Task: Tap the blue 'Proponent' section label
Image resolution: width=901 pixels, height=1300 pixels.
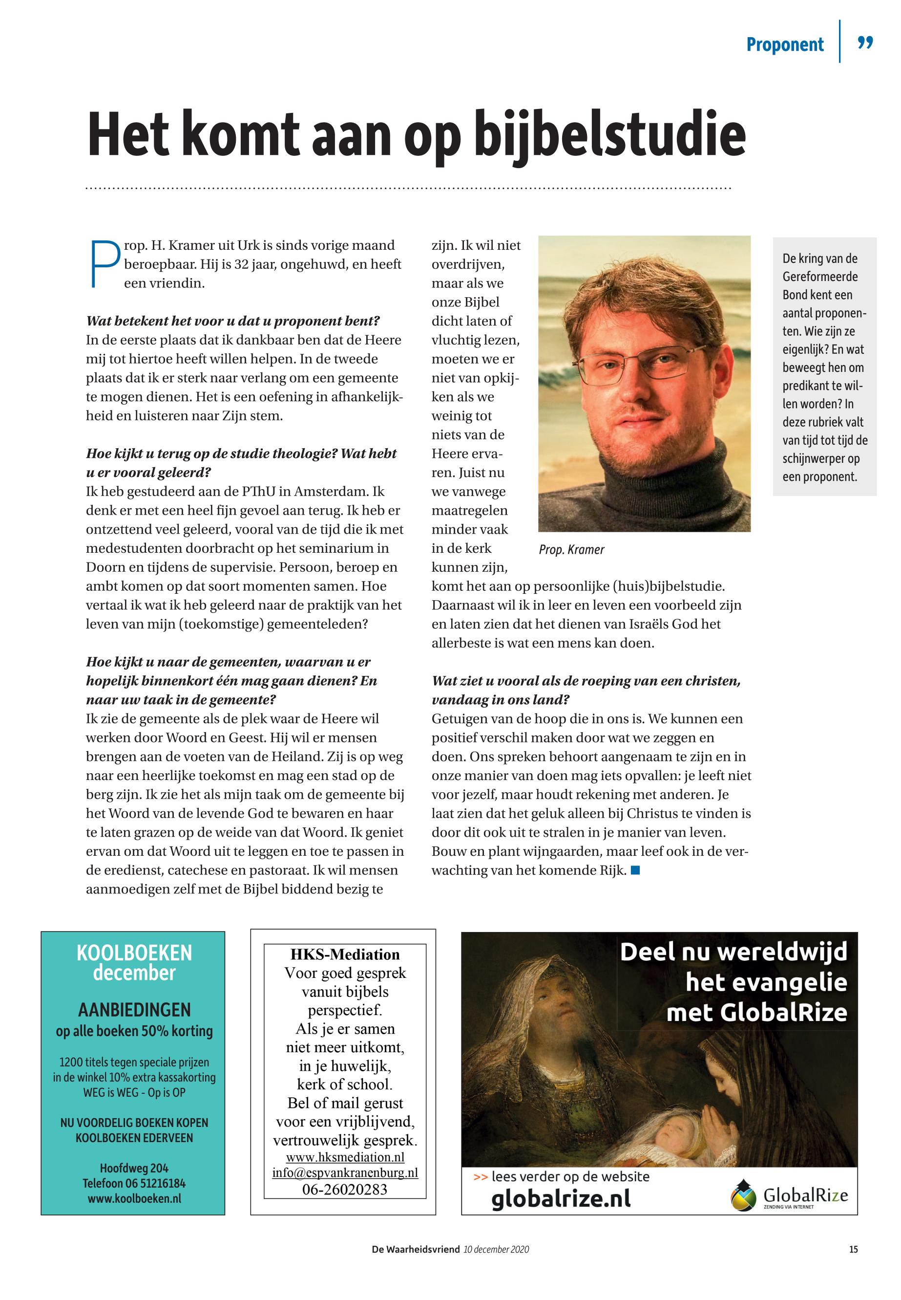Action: (785, 44)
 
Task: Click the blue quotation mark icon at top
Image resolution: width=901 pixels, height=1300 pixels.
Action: (865, 43)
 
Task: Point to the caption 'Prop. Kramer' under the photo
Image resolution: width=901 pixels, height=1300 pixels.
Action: (571, 550)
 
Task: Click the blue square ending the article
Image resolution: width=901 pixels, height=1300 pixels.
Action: (635, 870)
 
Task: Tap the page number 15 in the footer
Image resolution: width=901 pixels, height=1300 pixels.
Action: (853, 1249)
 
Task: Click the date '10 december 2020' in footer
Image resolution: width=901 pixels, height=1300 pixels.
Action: (496, 1249)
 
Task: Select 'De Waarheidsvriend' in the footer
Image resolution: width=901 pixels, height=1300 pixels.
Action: (416, 1249)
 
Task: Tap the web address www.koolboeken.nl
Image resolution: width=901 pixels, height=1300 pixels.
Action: (134, 1198)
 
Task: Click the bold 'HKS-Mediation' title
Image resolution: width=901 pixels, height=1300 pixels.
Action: (344, 954)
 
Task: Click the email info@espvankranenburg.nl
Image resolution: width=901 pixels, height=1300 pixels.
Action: (345, 1172)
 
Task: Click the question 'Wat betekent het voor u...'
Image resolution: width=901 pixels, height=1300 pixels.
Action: (232, 321)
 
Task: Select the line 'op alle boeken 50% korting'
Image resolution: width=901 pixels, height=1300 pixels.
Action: (134, 1031)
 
